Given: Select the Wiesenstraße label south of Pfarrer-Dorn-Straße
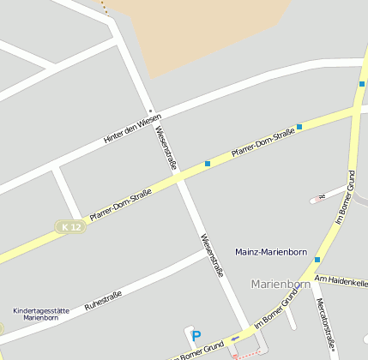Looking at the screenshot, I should pyautogui.click(x=212, y=255).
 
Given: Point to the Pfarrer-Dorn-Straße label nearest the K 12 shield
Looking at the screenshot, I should pyautogui.click(x=120, y=207).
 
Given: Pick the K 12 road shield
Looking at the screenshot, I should pyautogui.click(x=71, y=226).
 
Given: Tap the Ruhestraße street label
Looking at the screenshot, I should pyautogui.click(x=103, y=300).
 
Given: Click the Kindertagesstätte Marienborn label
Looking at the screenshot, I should pyautogui.click(x=40, y=314).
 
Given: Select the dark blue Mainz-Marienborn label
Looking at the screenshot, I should pyautogui.click(x=271, y=251).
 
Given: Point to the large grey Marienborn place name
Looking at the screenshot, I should pyautogui.click(x=281, y=284).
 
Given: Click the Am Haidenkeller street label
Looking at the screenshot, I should pyautogui.click(x=341, y=281).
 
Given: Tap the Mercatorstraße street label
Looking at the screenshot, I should pyautogui.click(x=323, y=325).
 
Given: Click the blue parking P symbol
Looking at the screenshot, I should pyautogui.click(x=195, y=336).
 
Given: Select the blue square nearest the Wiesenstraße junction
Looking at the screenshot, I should pyautogui.click(x=208, y=163).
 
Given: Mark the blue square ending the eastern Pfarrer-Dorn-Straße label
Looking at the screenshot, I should pyautogui.click(x=299, y=127).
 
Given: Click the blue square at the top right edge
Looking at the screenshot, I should pyautogui.click(x=362, y=84).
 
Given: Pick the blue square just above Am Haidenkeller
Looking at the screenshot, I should pyautogui.click(x=317, y=259).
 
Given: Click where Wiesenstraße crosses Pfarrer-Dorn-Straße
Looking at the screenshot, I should pyautogui.click(x=179, y=178).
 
